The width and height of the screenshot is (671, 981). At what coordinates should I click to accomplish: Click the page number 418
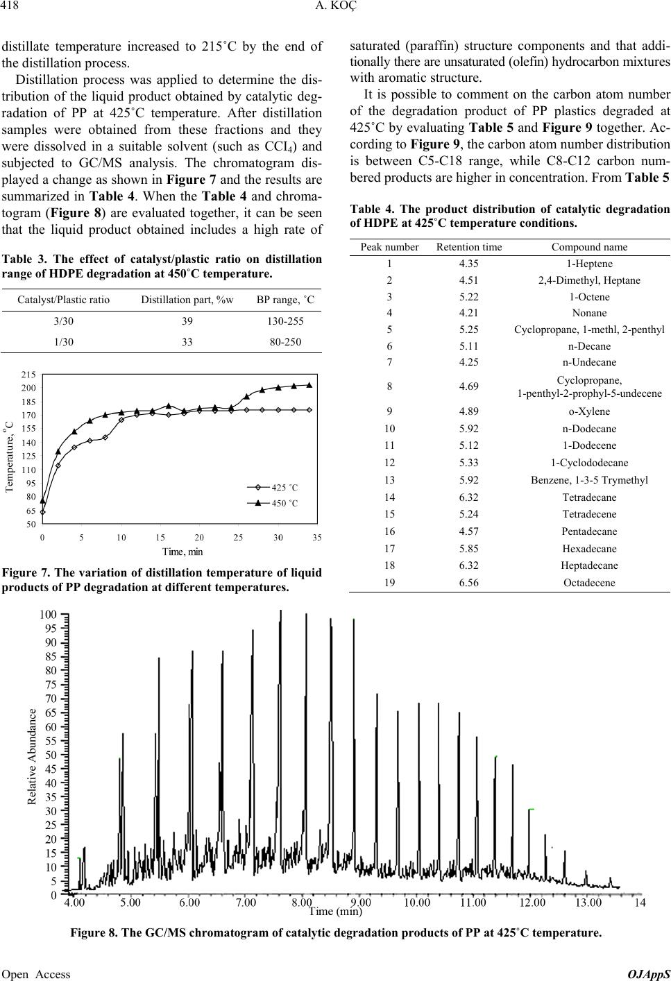point(12,8)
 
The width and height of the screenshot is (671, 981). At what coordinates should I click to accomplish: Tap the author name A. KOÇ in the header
point(334,8)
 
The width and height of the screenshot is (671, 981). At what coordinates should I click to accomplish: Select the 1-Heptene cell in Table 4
point(589,263)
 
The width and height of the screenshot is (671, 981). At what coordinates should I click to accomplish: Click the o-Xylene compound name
point(589,411)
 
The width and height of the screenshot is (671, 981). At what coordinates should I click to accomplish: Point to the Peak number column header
point(389,246)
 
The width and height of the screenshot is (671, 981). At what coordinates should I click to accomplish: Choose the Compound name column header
point(589,246)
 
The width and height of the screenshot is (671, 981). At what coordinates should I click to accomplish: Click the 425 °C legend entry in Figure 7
point(284,488)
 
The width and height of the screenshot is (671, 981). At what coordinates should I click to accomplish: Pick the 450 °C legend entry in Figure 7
point(284,503)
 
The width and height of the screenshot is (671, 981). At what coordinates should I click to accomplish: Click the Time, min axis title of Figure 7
point(182,552)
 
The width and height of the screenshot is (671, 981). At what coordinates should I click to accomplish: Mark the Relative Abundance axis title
point(31,756)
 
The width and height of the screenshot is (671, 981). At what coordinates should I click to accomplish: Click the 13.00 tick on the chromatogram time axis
point(587,903)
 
